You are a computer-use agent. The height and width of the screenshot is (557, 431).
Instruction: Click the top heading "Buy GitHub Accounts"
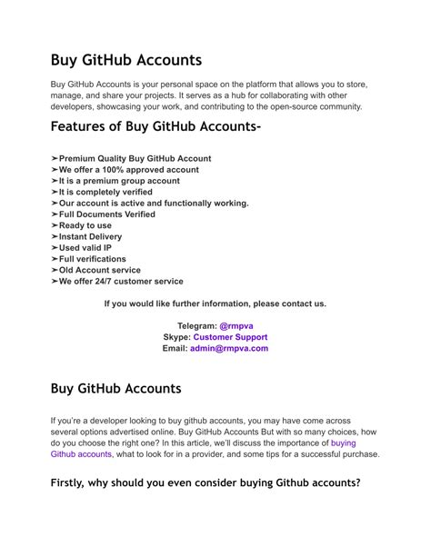[125, 60]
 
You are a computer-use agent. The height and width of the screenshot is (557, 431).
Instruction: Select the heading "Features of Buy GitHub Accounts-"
[156, 126]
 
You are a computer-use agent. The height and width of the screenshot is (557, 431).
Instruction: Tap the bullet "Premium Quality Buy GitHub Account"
[135, 158]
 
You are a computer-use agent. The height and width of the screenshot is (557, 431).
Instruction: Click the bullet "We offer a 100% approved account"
[128, 170]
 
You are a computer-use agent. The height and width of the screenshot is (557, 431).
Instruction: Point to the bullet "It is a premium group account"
[119, 181]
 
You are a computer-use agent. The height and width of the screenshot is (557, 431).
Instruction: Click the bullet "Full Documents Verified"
[106, 214]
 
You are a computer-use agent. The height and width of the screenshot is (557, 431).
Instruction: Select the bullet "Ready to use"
[85, 225]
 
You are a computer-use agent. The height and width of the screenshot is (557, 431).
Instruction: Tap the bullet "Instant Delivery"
[90, 236]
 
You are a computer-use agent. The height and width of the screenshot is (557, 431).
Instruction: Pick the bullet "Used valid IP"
[85, 247]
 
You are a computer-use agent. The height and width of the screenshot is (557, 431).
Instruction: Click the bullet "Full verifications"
[92, 259]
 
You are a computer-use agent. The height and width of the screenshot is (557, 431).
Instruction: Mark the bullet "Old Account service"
[99, 270]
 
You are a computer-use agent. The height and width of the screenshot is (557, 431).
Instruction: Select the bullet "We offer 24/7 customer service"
[121, 282]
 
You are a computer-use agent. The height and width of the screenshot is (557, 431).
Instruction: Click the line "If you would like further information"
[215, 303]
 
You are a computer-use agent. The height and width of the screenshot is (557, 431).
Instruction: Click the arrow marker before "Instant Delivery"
[55, 236]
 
